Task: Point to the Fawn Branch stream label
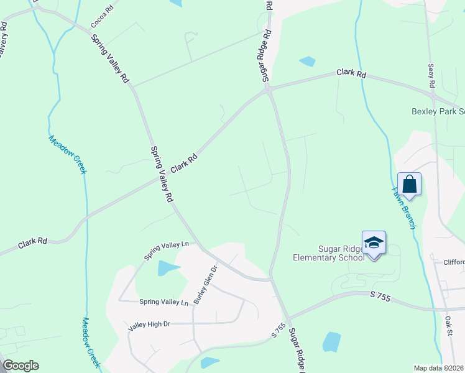tap(403, 208)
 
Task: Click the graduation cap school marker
tap(374, 242)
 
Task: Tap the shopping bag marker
tap(409, 185)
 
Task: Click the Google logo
tap(20, 366)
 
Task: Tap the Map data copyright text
tap(439, 368)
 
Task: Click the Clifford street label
tap(453, 262)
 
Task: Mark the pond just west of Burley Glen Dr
tap(167, 268)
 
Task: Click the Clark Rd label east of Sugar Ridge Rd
tap(351, 73)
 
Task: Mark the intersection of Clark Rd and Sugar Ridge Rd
tap(268, 90)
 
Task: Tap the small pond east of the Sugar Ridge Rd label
tap(307, 62)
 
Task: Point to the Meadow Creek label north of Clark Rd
tap(67, 155)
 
